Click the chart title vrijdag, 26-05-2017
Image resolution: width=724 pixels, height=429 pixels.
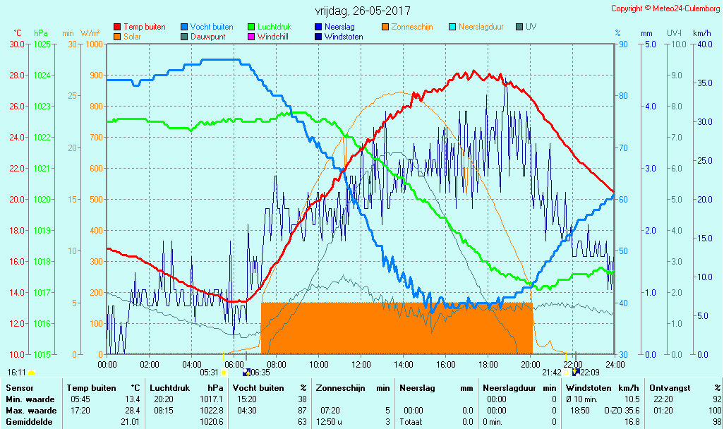[363, 11]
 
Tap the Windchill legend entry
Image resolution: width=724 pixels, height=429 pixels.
[272, 37]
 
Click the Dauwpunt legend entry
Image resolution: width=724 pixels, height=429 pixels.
[207, 37]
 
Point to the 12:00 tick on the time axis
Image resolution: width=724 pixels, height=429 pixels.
[361, 365]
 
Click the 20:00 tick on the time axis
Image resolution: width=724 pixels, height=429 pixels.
[531, 365]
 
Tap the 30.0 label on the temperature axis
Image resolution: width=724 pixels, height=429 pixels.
[16, 44]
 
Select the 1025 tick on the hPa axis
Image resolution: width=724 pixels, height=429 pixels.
[42, 44]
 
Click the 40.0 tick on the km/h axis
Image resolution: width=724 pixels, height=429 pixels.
[702, 44]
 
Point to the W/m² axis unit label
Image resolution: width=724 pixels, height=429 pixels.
[90, 33]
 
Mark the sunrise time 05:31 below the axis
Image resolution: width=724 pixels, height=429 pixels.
[209, 372]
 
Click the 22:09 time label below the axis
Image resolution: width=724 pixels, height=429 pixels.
[589, 372]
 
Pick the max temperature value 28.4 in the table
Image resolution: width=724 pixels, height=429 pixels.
[133, 411]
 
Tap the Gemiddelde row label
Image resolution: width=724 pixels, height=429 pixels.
[25, 422]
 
